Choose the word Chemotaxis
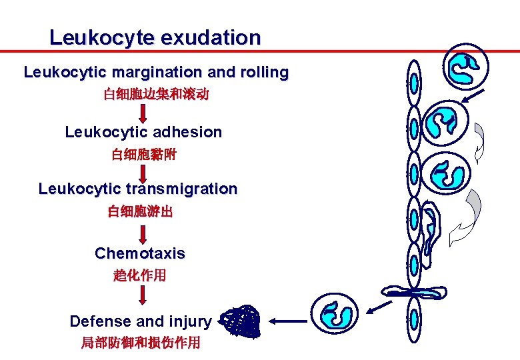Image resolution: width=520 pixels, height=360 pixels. coord(140,253)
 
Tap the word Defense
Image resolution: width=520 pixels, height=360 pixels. coord(101,321)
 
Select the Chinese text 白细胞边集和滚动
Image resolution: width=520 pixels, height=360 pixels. coord(156,95)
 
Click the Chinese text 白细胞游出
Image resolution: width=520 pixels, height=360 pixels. coord(140,212)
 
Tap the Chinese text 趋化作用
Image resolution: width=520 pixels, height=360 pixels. coord(140,275)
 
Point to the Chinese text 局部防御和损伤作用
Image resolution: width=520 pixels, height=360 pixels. coord(140,343)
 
